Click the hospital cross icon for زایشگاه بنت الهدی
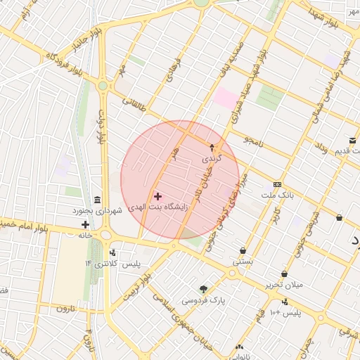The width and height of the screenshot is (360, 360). pos(157,196)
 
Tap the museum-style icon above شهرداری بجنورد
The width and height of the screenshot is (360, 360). pos(96,200)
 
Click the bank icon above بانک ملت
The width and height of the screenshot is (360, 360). pos(277,184)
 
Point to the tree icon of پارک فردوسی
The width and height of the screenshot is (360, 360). pos(204,289)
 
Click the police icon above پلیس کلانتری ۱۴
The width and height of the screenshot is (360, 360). pos(112,252)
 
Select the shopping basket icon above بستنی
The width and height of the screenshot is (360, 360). pos(243,250)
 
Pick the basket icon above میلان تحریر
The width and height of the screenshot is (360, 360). pos(284,274)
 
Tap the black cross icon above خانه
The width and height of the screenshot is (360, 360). pos(85,225)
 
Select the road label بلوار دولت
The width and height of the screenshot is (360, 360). pos(103,127)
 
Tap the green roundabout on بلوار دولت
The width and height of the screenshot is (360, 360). pos(103,86)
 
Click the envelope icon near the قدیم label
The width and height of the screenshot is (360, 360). pos(352,141)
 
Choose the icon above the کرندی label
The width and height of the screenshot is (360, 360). pos(212,148)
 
